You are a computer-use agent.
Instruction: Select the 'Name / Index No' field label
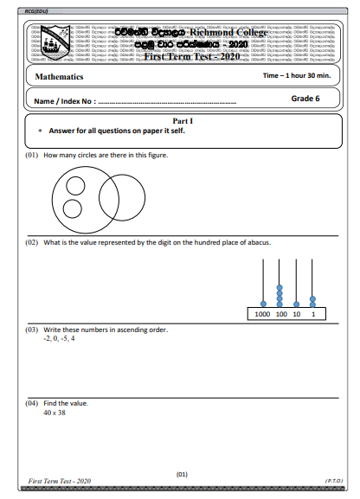point(63,101)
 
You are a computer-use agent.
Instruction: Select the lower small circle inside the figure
point(74,208)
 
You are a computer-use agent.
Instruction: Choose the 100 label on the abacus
point(280,314)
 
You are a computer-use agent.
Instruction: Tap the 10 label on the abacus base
point(297,314)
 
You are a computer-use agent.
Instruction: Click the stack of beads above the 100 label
point(279,295)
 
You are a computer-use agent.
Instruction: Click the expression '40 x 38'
point(54,413)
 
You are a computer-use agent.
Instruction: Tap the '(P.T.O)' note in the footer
point(334,479)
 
